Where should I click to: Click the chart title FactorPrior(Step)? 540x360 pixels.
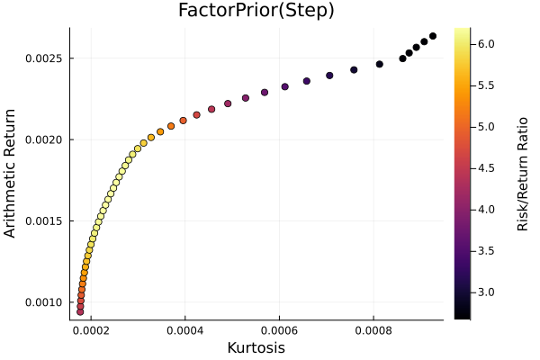(256, 11)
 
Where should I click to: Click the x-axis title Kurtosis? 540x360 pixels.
(256, 347)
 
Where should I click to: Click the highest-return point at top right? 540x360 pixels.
(433, 36)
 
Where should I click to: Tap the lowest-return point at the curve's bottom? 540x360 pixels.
(80, 311)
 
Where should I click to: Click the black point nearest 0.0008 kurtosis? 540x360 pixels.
(380, 64)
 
